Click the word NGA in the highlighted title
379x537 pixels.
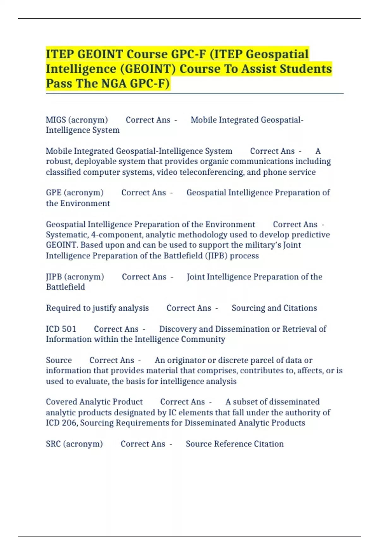click(x=114, y=83)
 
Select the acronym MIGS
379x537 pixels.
click(x=56, y=120)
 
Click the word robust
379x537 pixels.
click(x=59, y=161)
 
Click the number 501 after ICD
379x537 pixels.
click(x=69, y=329)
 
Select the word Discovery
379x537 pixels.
click(x=178, y=329)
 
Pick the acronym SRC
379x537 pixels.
click(x=53, y=444)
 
